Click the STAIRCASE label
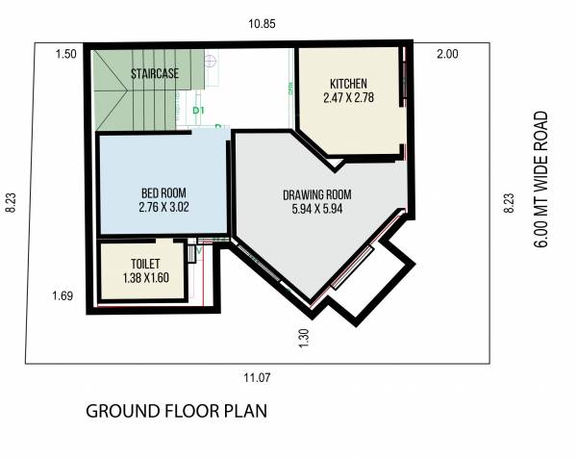155,73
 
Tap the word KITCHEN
347,82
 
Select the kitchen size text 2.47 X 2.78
347,97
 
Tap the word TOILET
145,263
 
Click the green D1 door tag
199,111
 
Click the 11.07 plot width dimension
258,377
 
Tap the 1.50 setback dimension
65,54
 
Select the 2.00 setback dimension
446,54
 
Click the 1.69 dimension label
63,296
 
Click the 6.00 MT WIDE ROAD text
541,180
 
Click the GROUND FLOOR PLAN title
176,411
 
